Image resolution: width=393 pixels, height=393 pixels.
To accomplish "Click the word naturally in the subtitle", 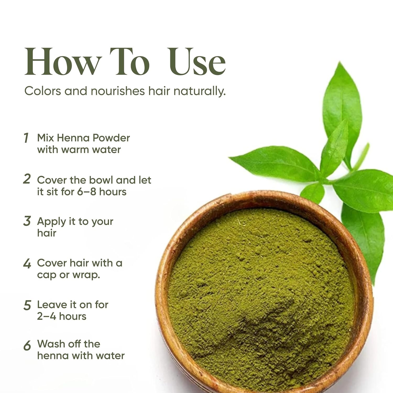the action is [x=199, y=91].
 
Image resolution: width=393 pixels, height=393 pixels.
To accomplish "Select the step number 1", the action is [x=26, y=138].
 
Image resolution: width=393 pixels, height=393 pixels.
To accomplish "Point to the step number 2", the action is [x=27, y=179].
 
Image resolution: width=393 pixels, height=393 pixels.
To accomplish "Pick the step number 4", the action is [x=27, y=264].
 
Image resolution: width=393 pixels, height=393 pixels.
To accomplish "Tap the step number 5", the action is [x=27, y=305].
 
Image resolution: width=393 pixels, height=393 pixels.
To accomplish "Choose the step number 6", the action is [x=27, y=346].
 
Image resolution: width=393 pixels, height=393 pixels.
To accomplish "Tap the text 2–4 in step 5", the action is [x=47, y=316].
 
